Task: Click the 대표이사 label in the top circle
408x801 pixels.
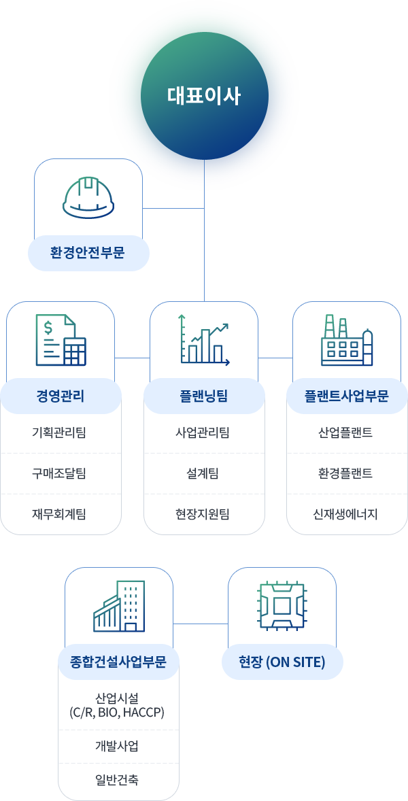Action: click(204, 96)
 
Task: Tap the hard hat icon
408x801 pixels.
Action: click(88, 197)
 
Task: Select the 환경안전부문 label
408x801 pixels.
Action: click(88, 253)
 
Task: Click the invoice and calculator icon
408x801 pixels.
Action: click(61, 340)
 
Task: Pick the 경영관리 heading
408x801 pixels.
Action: click(61, 396)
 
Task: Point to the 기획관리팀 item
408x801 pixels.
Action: click(61, 432)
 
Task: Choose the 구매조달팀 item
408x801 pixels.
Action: click(61, 473)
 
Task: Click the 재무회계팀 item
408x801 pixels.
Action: click(61, 514)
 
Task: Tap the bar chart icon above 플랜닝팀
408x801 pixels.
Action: click(204, 340)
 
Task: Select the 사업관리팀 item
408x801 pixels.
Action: click(204, 432)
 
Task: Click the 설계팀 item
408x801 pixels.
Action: click(204, 473)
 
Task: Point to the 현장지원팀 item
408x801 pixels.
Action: click(204, 514)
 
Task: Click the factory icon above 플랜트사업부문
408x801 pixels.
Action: click(347, 340)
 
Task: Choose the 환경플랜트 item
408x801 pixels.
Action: click(347, 473)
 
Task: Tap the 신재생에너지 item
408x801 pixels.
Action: click(347, 514)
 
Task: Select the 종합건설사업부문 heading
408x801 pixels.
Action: click(118, 661)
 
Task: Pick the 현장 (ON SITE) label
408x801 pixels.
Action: click(282, 661)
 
